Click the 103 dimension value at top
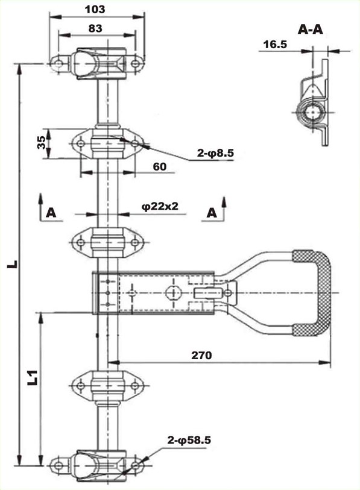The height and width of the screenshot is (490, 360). (x=95, y=10)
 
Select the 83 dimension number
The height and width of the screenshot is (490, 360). (x=95, y=28)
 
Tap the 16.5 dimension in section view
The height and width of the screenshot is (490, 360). (x=275, y=45)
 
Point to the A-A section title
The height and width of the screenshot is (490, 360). (x=311, y=30)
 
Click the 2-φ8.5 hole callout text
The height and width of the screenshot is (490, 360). (x=215, y=153)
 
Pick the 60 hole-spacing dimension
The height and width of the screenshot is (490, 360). (x=160, y=166)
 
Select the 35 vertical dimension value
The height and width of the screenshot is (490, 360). (x=41, y=143)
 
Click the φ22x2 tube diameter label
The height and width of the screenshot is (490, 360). (x=160, y=206)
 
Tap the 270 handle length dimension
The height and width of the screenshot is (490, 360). (x=201, y=356)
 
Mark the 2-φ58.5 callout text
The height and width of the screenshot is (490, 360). (x=189, y=441)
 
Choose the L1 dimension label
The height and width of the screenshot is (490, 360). (x=33, y=377)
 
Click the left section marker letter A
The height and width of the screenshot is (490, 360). (x=51, y=213)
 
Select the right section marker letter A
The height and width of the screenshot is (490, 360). (x=212, y=213)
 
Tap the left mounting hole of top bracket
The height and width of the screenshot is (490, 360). (x=58, y=64)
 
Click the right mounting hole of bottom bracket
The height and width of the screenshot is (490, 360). (x=135, y=466)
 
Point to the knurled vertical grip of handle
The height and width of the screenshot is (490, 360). (x=324, y=294)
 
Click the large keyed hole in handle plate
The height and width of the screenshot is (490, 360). (x=171, y=293)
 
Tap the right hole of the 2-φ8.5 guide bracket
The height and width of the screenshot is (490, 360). (x=134, y=144)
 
